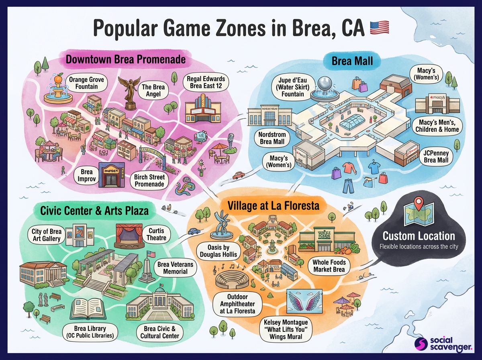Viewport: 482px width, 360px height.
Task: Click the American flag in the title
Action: pos(379,27)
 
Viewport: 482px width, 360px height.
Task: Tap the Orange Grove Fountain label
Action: pos(86,83)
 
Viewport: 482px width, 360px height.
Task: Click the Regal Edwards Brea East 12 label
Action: pos(206,82)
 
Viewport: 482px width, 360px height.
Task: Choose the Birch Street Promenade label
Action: pos(149,180)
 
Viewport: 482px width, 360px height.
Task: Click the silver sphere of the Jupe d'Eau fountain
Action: pos(324,84)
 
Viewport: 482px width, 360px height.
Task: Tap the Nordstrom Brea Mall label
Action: pos(272,138)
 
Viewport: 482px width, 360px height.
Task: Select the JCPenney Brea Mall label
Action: pos(436,157)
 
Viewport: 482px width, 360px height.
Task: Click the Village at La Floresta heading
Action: pos(273,206)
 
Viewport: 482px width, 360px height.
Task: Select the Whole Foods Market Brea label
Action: pos(329,266)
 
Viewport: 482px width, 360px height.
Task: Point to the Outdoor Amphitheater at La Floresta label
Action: pos(237,303)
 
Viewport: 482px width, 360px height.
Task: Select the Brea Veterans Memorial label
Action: pos(175,268)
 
